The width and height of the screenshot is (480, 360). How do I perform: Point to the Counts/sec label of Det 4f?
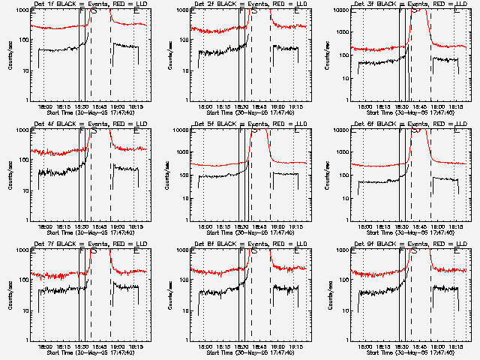tap(10, 175)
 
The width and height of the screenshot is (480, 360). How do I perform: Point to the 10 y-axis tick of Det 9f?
tap(346, 310)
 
